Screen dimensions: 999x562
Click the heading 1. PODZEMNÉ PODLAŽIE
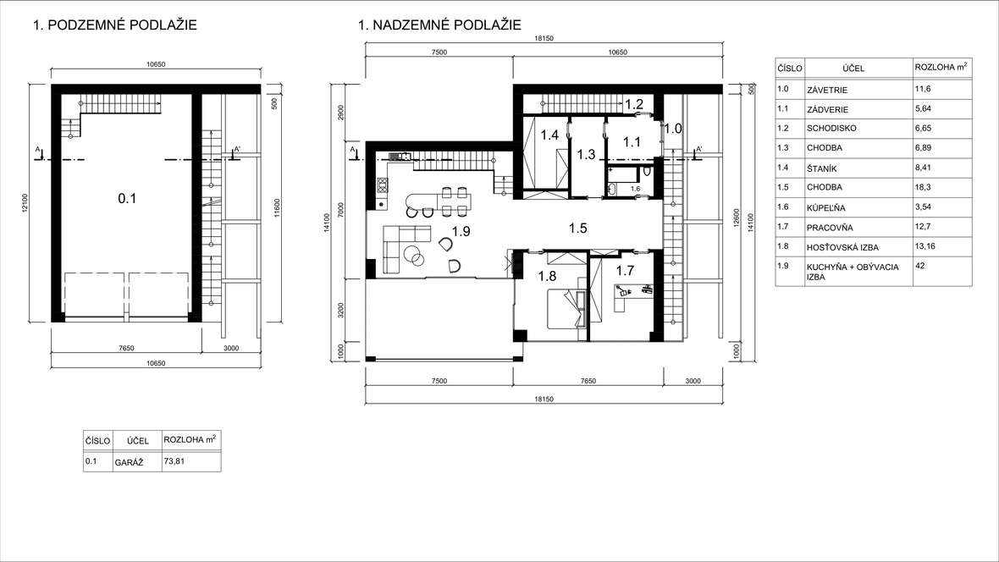[x=114, y=25]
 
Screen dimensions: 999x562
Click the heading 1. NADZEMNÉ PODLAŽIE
[x=439, y=25]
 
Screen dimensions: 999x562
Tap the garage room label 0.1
[x=128, y=199]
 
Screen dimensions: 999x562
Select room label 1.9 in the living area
[x=461, y=231]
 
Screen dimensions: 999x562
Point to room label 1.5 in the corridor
[x=578, y=229]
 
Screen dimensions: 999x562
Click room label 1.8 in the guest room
[x=547, y=276]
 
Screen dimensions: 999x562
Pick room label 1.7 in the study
[x=625, y=270]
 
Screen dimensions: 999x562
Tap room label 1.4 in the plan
[x=549, y=135]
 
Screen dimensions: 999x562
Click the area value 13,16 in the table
[x=925, y=246]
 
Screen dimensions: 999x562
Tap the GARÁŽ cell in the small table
[x=129, y=463]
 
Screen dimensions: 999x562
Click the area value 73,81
[x=174, y=460]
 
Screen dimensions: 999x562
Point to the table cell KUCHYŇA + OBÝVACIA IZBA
[x=853, y=272]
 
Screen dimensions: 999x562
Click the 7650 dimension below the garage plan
[x=126, y=349]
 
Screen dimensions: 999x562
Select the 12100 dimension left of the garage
[x=25, y=203]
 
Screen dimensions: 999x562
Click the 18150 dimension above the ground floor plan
[x=544, y=38]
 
